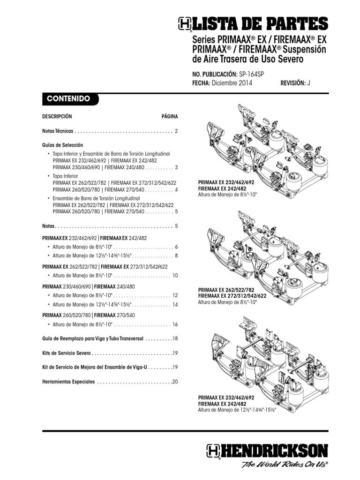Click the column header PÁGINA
(x=170, y=116)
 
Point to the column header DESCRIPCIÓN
(x=57, y=116)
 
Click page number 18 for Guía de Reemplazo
(x=175, y=338)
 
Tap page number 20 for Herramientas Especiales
(x=175, y=382)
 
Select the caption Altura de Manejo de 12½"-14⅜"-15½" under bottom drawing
(x=237, y=409)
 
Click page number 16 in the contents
(x=175, y=324)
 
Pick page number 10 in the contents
(x=175, y=275)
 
